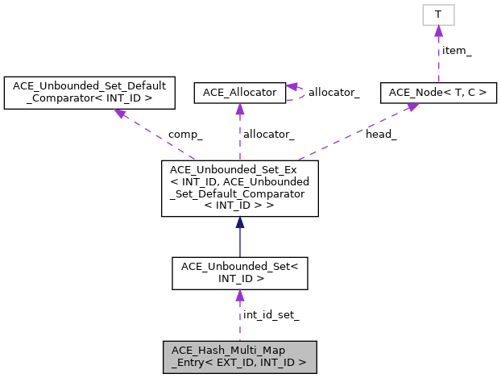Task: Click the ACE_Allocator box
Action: point(239,93)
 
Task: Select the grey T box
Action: point(437,15)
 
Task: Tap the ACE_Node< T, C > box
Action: point(437,93)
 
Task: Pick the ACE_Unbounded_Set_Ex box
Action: point(239,188)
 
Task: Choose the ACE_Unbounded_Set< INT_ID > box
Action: point(239,272)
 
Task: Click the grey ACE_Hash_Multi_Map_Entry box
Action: point(239,356)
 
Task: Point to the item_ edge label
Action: point(457,50)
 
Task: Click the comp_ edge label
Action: point(184,135)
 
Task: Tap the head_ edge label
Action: point(381,135)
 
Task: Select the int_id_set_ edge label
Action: point(271,315)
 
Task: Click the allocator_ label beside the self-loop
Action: point(334,93)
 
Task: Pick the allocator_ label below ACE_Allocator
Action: point(268,135)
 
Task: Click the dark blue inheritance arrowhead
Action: point(239,222)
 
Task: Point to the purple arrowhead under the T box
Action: point(437,31)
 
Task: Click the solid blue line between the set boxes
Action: point(239,242)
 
